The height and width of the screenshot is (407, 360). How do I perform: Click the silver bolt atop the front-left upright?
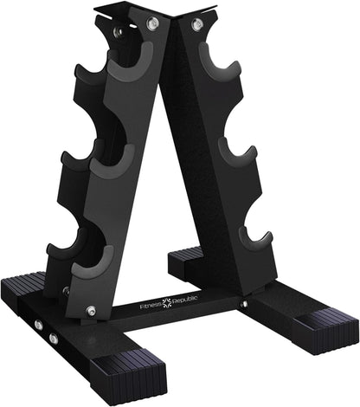[x=152, y=23]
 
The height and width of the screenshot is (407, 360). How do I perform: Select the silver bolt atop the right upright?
[x=196, y=23]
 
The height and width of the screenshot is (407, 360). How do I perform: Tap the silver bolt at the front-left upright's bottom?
[x=91, y=310]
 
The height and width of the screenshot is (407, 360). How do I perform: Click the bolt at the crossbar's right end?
[x=244, y=303]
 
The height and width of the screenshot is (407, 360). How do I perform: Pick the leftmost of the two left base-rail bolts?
[x=38, y=326]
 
